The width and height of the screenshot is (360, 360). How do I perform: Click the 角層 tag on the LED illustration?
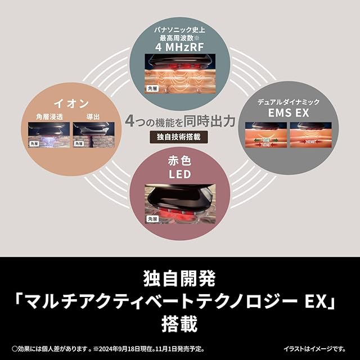pos(152,218)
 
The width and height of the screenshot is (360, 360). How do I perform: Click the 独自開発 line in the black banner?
pos(180,277)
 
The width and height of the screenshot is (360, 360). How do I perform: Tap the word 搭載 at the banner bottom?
pos(180,325)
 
